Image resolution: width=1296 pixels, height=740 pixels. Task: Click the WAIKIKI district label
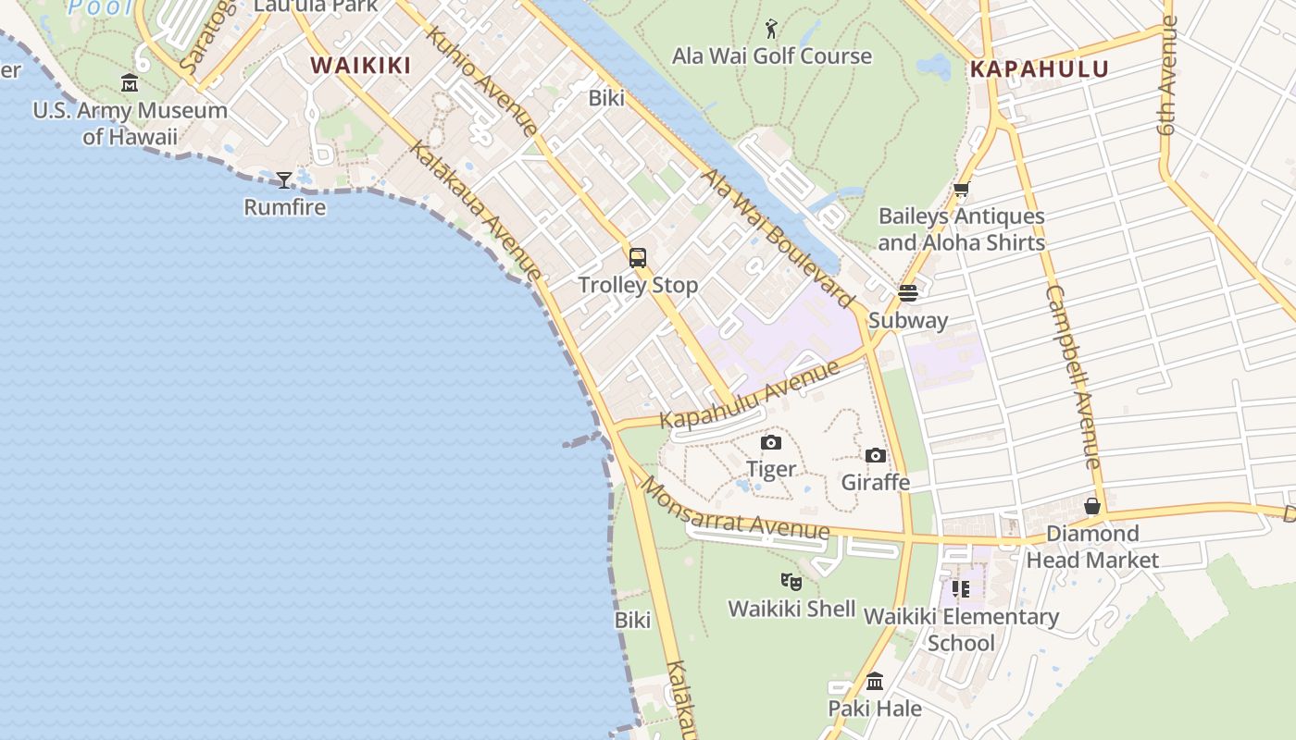(x=360, y=65)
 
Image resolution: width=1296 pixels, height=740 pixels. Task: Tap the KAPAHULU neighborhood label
(x=1039, y=69)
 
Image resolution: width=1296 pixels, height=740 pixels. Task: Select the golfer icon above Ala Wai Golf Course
(x=771, y=30)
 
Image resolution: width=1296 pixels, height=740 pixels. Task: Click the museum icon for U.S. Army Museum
(x=130, y=84)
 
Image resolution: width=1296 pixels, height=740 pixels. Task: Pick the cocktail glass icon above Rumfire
(x=284, y=179)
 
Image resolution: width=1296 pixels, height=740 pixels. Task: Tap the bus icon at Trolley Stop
(x=638, y=258)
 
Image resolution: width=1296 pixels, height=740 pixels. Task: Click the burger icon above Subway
(x=907, y=293)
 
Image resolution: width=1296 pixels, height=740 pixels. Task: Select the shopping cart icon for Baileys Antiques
(x=961, y=191)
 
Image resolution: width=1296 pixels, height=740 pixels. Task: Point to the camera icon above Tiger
(x=771, y=443)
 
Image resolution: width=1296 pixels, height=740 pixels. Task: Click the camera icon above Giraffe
(x=875, y=456)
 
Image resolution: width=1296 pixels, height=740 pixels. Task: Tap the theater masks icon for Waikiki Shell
(x=791, y=582)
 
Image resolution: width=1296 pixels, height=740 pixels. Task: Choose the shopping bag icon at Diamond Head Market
(x=1092, y=506)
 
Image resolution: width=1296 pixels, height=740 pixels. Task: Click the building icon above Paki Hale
(x=875, y=683)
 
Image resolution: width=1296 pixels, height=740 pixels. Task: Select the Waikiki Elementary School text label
(x=961, y=629)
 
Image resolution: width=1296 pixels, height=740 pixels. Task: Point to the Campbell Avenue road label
(x=1074, y=376)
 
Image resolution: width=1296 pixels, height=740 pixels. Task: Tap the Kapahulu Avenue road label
(x=750, y=394)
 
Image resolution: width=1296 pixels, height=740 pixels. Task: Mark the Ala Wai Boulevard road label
(x=778, y=238)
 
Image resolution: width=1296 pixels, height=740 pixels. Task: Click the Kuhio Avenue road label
(x=482, y=81)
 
